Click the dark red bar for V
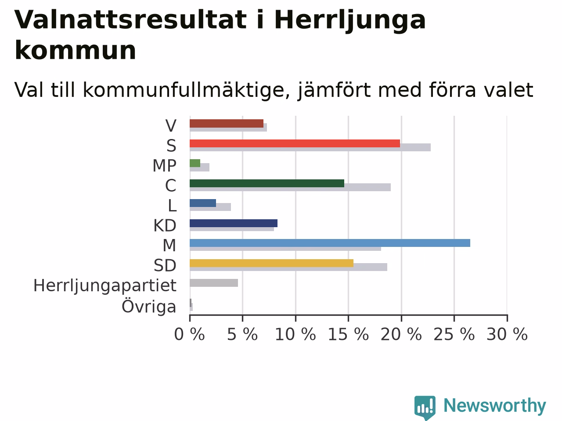pos(227,124)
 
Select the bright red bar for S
pos(295,143)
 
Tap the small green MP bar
pos(195,163)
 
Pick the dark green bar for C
pos(267,183)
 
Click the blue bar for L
pos(203,203)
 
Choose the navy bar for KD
pos(234,223)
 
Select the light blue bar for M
pos(330,243)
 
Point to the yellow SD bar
pos(272,263)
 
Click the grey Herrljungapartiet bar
pos(214,283)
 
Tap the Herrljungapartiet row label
pos(105,286)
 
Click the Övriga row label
pos(149,306)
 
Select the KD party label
pos(165,226)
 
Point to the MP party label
pos(164,166)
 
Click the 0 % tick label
pos(190,334)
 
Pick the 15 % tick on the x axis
pos(349,318)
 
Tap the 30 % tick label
pos(507,334)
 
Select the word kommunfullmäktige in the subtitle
pos(187,90)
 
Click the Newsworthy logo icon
pos(425,407)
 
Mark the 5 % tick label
pos(242,334)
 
